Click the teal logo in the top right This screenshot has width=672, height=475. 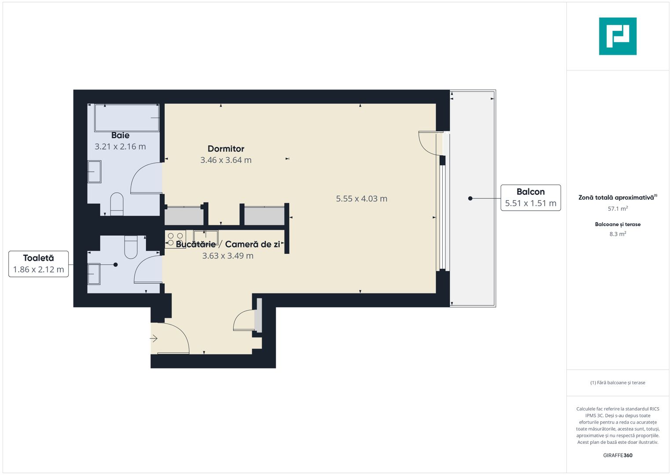point(617,36)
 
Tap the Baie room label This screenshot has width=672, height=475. point(120,135)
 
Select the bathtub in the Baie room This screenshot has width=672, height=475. point(127,118)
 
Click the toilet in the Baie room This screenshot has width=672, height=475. point(117,204)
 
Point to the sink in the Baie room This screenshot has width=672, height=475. point(95,172)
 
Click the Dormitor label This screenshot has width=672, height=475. point(226,149)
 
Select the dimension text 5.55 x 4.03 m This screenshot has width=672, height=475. point(361,199)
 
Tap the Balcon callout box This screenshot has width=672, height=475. point(530,197)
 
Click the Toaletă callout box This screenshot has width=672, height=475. point(39,264)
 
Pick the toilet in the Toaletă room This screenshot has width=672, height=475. point(131,247)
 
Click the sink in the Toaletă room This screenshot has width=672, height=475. point(94,274)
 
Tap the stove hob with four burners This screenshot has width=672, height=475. point(175,239)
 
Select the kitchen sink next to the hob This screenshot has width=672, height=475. point(206,237)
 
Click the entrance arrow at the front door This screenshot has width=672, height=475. point(154,339)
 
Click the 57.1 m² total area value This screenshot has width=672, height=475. point(617,209)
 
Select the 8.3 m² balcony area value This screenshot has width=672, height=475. point(617,234)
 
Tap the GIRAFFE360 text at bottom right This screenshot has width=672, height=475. point(617,455)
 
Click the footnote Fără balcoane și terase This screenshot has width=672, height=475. point(617,383)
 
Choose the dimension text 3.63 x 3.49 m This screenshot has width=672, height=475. point(228,256)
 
